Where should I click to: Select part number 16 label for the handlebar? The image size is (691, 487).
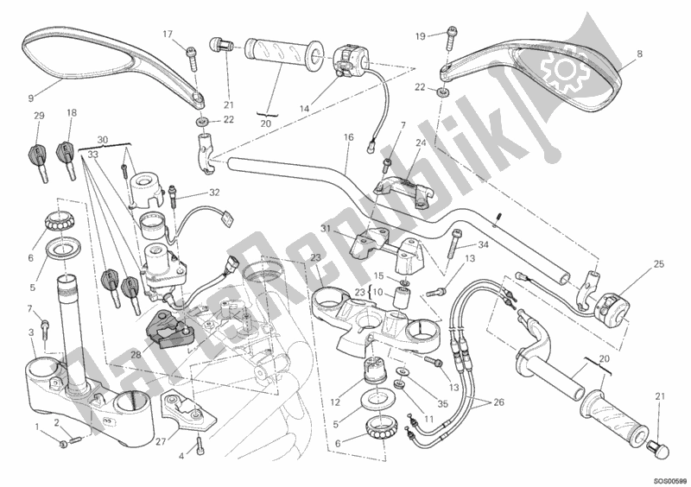349,137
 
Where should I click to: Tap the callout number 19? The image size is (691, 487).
421,36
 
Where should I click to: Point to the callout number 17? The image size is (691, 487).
168,35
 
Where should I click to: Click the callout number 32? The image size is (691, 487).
214,193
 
